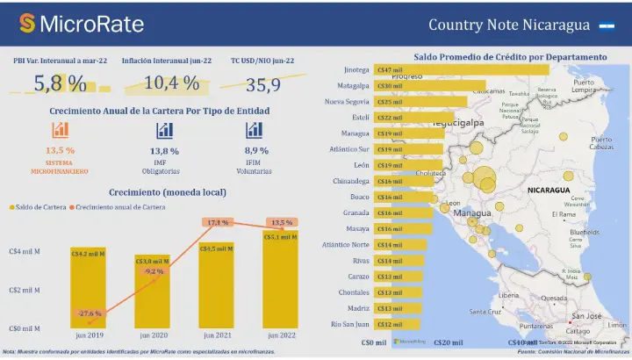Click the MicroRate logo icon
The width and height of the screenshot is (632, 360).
tap(27, 24)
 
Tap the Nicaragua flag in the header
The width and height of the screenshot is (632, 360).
tap(606, 25)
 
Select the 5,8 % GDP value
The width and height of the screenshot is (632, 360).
tap(60, 84)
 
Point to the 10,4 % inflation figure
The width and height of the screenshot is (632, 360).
tap(171, 84)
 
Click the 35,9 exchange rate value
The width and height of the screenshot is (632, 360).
tap(262, 85)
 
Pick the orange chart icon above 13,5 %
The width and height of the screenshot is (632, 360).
tap(61, 130)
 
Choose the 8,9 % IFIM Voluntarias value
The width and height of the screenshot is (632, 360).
tap(255, 151)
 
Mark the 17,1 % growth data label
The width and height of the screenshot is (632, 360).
tap(217, 223)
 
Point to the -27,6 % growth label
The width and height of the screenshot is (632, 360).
tap(89, 313)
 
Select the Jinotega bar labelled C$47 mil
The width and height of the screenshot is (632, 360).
tap(461, 70)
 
